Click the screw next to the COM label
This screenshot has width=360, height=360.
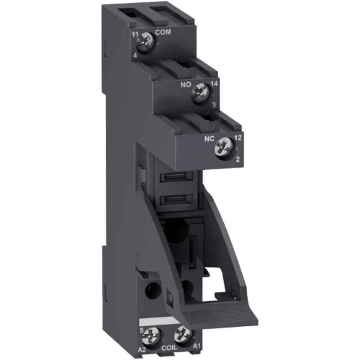pos(147,42)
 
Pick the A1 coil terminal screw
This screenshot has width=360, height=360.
pos(182,334)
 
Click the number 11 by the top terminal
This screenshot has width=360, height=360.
pos(135,34)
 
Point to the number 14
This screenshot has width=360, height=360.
pos(213,83)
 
